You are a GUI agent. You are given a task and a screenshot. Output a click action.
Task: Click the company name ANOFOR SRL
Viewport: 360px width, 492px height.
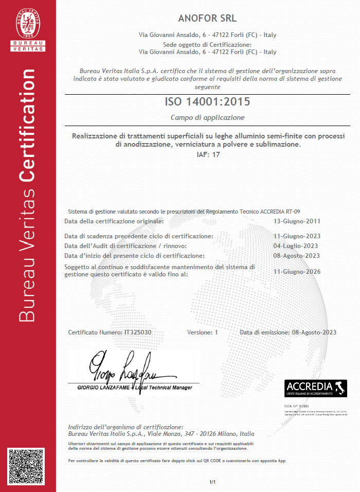point(207,19)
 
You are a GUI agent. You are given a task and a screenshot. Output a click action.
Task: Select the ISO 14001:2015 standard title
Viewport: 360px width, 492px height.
point(207,101)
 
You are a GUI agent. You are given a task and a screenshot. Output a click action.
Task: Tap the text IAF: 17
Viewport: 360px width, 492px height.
point(208,154)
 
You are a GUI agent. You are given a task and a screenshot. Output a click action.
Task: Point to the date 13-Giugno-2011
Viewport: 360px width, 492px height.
point(297,221)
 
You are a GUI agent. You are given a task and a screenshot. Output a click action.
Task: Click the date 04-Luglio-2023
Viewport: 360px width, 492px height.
point(296,246)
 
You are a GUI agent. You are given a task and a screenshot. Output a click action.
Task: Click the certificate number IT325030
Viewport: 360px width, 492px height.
point(138,332)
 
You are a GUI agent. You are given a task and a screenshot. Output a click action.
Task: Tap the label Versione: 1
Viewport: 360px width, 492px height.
point(203,332)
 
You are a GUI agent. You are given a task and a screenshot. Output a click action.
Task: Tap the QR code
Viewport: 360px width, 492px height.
point(28,468)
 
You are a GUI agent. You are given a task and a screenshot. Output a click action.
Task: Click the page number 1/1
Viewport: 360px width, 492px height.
point(212,482)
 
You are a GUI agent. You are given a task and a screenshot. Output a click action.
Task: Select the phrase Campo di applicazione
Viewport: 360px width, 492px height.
point(207,117)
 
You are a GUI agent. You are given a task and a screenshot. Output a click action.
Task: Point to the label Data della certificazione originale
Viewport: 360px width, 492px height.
point(114,221)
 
